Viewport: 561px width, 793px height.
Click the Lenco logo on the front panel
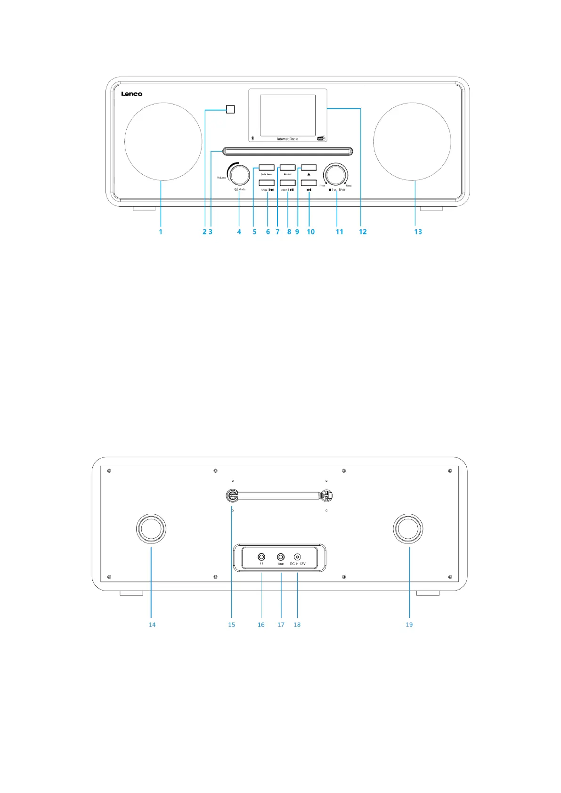point(131,94)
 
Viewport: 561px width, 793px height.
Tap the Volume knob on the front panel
point(239,174)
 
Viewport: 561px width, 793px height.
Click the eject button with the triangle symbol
point(309,167)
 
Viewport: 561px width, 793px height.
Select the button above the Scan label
point(287,183)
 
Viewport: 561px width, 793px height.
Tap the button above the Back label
point(266,183)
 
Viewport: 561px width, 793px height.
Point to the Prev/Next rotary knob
point(335,174)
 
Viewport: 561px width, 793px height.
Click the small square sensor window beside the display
point(230,109)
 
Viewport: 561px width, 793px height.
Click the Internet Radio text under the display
point(287,139)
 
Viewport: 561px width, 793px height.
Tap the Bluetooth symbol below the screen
point(252,138)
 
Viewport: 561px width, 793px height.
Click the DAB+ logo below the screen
point(321,138)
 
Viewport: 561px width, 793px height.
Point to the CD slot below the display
point(288,151)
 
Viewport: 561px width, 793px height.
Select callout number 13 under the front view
point(418,232)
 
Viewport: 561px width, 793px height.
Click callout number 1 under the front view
point(160,232)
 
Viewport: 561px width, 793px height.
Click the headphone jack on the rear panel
point(261,557)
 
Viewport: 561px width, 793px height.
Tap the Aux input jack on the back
point(281,557)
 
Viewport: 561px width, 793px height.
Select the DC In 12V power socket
point(297,557)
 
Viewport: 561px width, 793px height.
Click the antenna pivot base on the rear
point(232,495)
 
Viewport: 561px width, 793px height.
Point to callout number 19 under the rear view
point(409,624)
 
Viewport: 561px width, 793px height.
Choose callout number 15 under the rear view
point(231,624)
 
